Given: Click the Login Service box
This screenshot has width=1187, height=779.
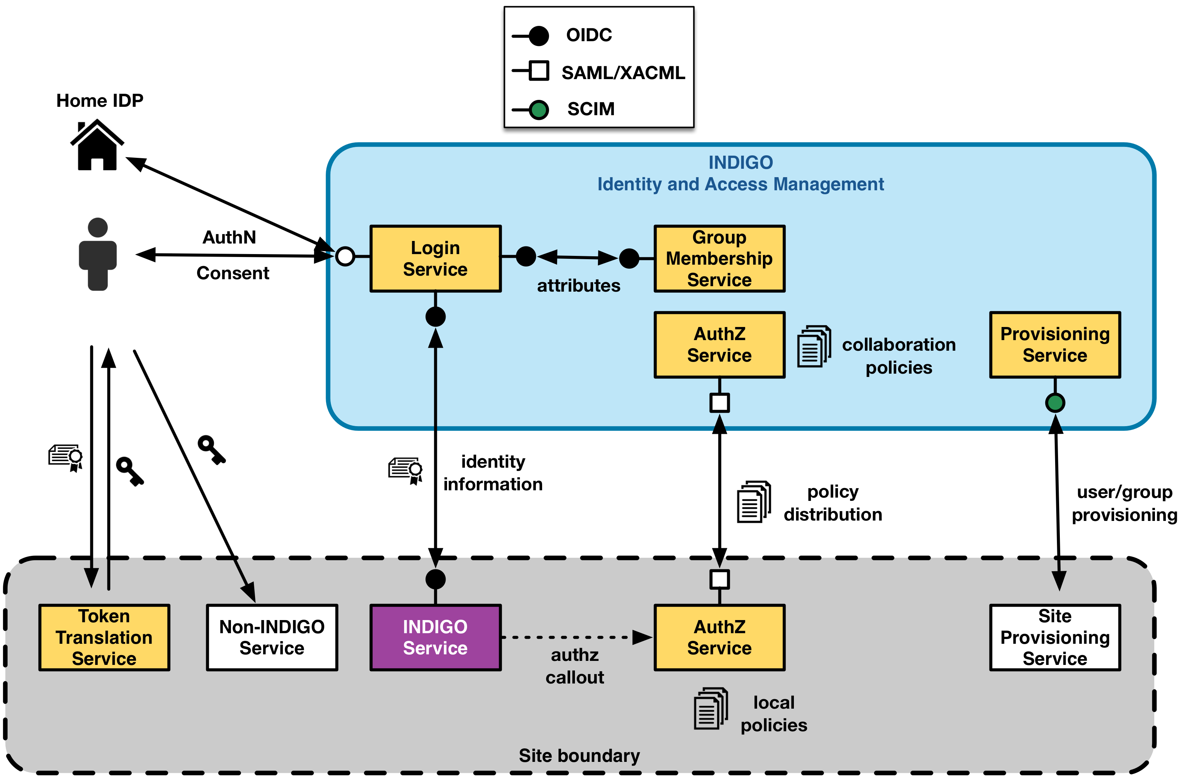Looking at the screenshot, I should (435, 258).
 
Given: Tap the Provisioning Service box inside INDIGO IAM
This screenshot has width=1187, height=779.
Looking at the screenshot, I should (1054, 344).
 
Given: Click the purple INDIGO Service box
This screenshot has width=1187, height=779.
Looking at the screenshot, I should (435, 637).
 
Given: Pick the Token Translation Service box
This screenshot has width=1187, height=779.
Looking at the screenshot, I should (104, 637).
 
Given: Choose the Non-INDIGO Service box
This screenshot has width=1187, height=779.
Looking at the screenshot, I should (272, 637).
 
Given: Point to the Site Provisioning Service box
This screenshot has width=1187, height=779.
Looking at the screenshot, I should (1054, 637).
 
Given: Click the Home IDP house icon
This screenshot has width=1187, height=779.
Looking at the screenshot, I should (97, 146).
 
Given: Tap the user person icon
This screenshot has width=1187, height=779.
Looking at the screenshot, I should (98, 254).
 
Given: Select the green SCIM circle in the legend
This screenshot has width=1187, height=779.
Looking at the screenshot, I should (538, 109).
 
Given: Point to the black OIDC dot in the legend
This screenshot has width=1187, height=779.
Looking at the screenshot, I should (538, 35).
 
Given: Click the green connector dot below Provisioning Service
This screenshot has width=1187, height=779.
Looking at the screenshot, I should (1054, 402).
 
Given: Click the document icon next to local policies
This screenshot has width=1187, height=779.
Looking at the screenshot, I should (710, 708).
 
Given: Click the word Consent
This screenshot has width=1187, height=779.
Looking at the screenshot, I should (232, 273).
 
